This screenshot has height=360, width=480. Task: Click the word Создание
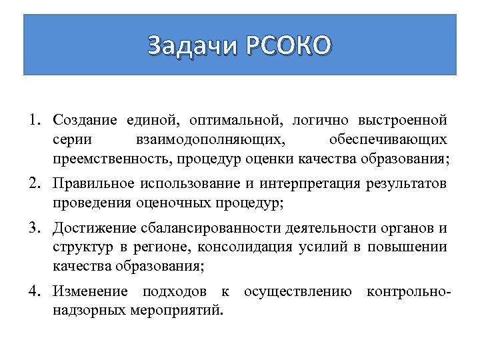click(85, 121)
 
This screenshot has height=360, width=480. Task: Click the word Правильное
click(93, 184)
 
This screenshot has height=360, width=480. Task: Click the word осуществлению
click(298, 292)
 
